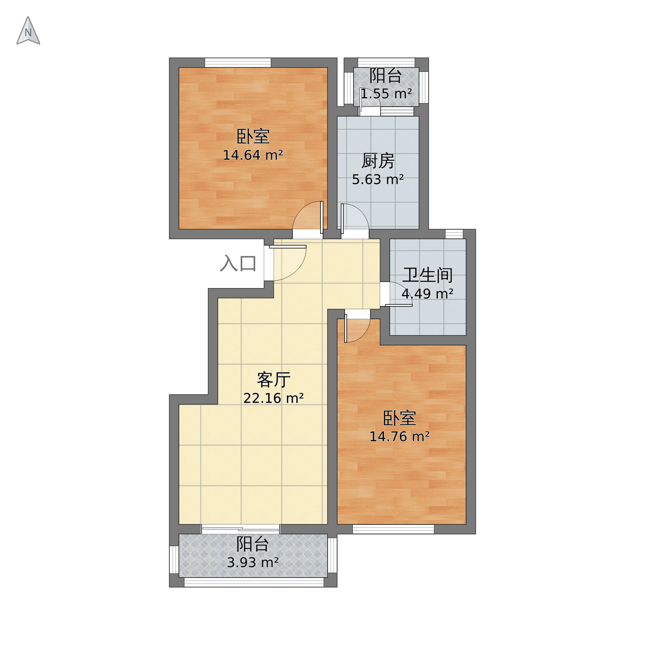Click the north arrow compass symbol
[28, 31]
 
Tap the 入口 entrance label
[238, 263]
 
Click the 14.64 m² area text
[253, 155]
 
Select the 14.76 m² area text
[399, 437]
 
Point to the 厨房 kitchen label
[378, 161]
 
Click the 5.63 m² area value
[378, 180]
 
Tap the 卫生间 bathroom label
[427, 275]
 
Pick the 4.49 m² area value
[427, 294]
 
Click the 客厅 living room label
[274, 380]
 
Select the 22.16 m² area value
[274, 398]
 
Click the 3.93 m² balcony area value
[253, 563]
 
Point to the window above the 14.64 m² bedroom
[238, 63]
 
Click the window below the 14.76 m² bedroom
[393, 529]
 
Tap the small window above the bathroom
[454, 234]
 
